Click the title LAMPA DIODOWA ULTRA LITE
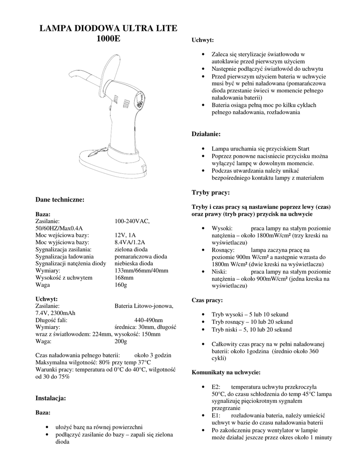[x=108, y=29]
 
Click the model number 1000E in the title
[x=108, y=39]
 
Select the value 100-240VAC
[x=132, y=221]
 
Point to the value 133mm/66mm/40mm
[x=141, y=270]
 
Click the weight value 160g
[x=121, y=285]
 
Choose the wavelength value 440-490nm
[x=148, y=320]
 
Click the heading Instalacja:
[x=51, y=397]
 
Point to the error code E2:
[x=216, y=387]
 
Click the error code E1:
[x=216, y=416]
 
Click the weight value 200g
[x=121, y=342]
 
